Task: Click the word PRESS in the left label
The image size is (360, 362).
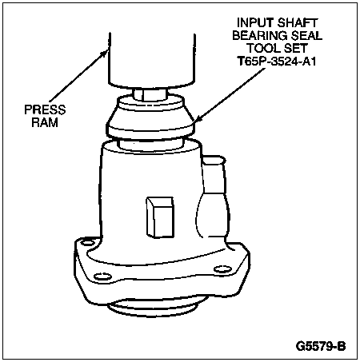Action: tap(45, 109)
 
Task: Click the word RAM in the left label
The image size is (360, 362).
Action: tap(45, 122)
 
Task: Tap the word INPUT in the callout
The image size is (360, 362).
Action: tap(255, 22)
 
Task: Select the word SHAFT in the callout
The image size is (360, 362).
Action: tap(298, 22)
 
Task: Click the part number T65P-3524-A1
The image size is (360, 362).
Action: tap(277, 62)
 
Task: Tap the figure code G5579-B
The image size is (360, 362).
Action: tap(321, 346)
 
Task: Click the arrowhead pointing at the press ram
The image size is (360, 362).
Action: tap(104, 54)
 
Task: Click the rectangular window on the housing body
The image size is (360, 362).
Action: tap(160, 217)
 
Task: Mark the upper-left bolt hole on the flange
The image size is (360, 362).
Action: tap(87, 243)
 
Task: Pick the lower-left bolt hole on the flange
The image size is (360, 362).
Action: tap(103, 276)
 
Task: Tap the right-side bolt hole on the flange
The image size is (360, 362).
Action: tap(223, 269)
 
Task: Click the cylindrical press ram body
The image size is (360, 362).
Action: tap(152, 61)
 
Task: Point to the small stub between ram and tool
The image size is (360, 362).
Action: tap(151, 94)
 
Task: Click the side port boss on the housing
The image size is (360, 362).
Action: tap(214, 197)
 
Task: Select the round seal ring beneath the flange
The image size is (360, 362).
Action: tap(154, 306)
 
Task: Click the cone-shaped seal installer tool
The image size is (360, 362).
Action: tap(150, 118)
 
